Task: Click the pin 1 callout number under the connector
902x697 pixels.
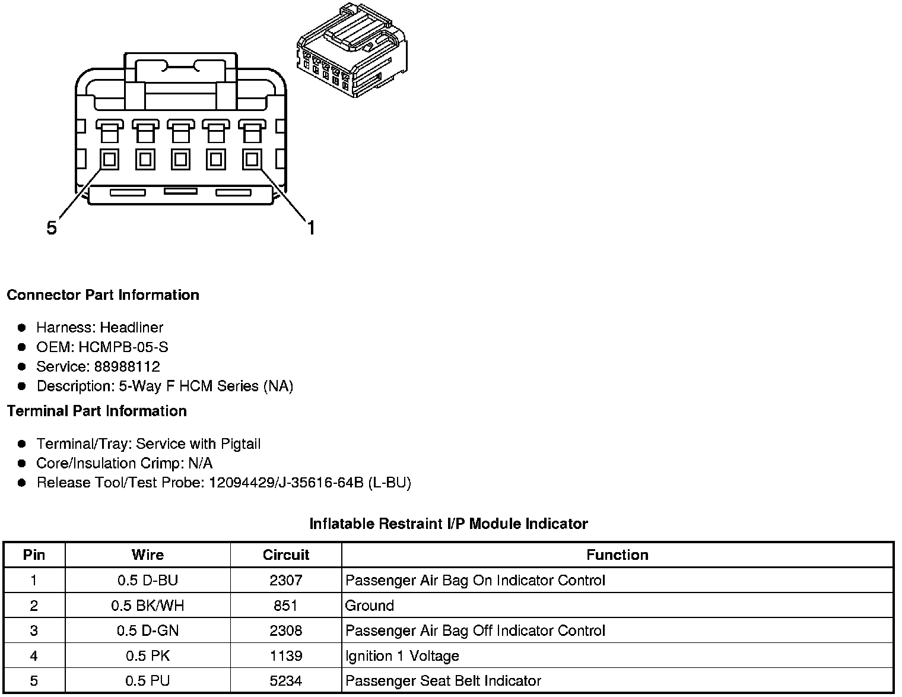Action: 310,227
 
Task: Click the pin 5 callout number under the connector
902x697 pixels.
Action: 52,228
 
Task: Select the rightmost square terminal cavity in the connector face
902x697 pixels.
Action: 252,159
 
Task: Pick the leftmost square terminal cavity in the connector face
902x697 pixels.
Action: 109,159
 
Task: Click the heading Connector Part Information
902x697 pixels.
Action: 103,295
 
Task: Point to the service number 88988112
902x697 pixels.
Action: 127,367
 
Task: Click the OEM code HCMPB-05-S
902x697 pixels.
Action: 123,347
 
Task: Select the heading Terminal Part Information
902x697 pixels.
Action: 97,411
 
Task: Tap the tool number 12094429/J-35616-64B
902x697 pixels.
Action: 285,483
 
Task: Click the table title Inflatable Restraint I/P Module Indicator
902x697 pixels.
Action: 449,524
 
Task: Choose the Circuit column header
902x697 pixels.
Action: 286,555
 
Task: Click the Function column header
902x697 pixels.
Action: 617,555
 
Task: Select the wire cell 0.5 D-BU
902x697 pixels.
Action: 148,581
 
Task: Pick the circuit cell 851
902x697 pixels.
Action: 286,606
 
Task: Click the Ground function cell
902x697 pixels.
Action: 370,606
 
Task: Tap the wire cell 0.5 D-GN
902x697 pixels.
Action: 148,631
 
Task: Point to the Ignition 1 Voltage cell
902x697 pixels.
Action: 402,656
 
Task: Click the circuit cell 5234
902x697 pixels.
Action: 286,681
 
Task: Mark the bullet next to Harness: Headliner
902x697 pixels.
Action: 22,328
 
